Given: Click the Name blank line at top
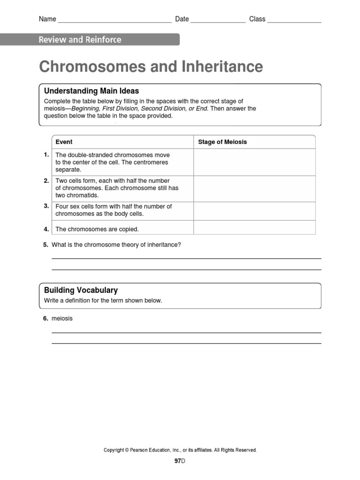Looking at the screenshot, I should [114, 22].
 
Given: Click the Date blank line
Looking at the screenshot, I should [218, 22].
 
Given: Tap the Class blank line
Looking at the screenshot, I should [294, 22].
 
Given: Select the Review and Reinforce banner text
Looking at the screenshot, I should [80, 40].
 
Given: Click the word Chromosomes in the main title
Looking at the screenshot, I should [92, 67].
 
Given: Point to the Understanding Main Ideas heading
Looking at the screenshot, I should [91, 91].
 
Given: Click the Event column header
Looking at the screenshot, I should [64, 142].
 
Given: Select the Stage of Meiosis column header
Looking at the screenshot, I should [222, 142].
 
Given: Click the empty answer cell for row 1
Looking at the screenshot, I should [254, 162].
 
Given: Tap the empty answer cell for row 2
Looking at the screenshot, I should [254, 188].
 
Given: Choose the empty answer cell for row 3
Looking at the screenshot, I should [254, 210].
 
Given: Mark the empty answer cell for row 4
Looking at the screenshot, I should [254, 227].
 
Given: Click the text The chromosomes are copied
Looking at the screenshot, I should [97, 229].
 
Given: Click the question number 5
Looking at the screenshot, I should [45, 245].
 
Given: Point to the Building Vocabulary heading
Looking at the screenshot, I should [81, 290].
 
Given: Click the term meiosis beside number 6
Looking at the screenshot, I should [62, 318].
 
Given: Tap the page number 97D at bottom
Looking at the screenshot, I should [180, 461].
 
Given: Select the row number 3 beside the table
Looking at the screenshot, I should [46, 206].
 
